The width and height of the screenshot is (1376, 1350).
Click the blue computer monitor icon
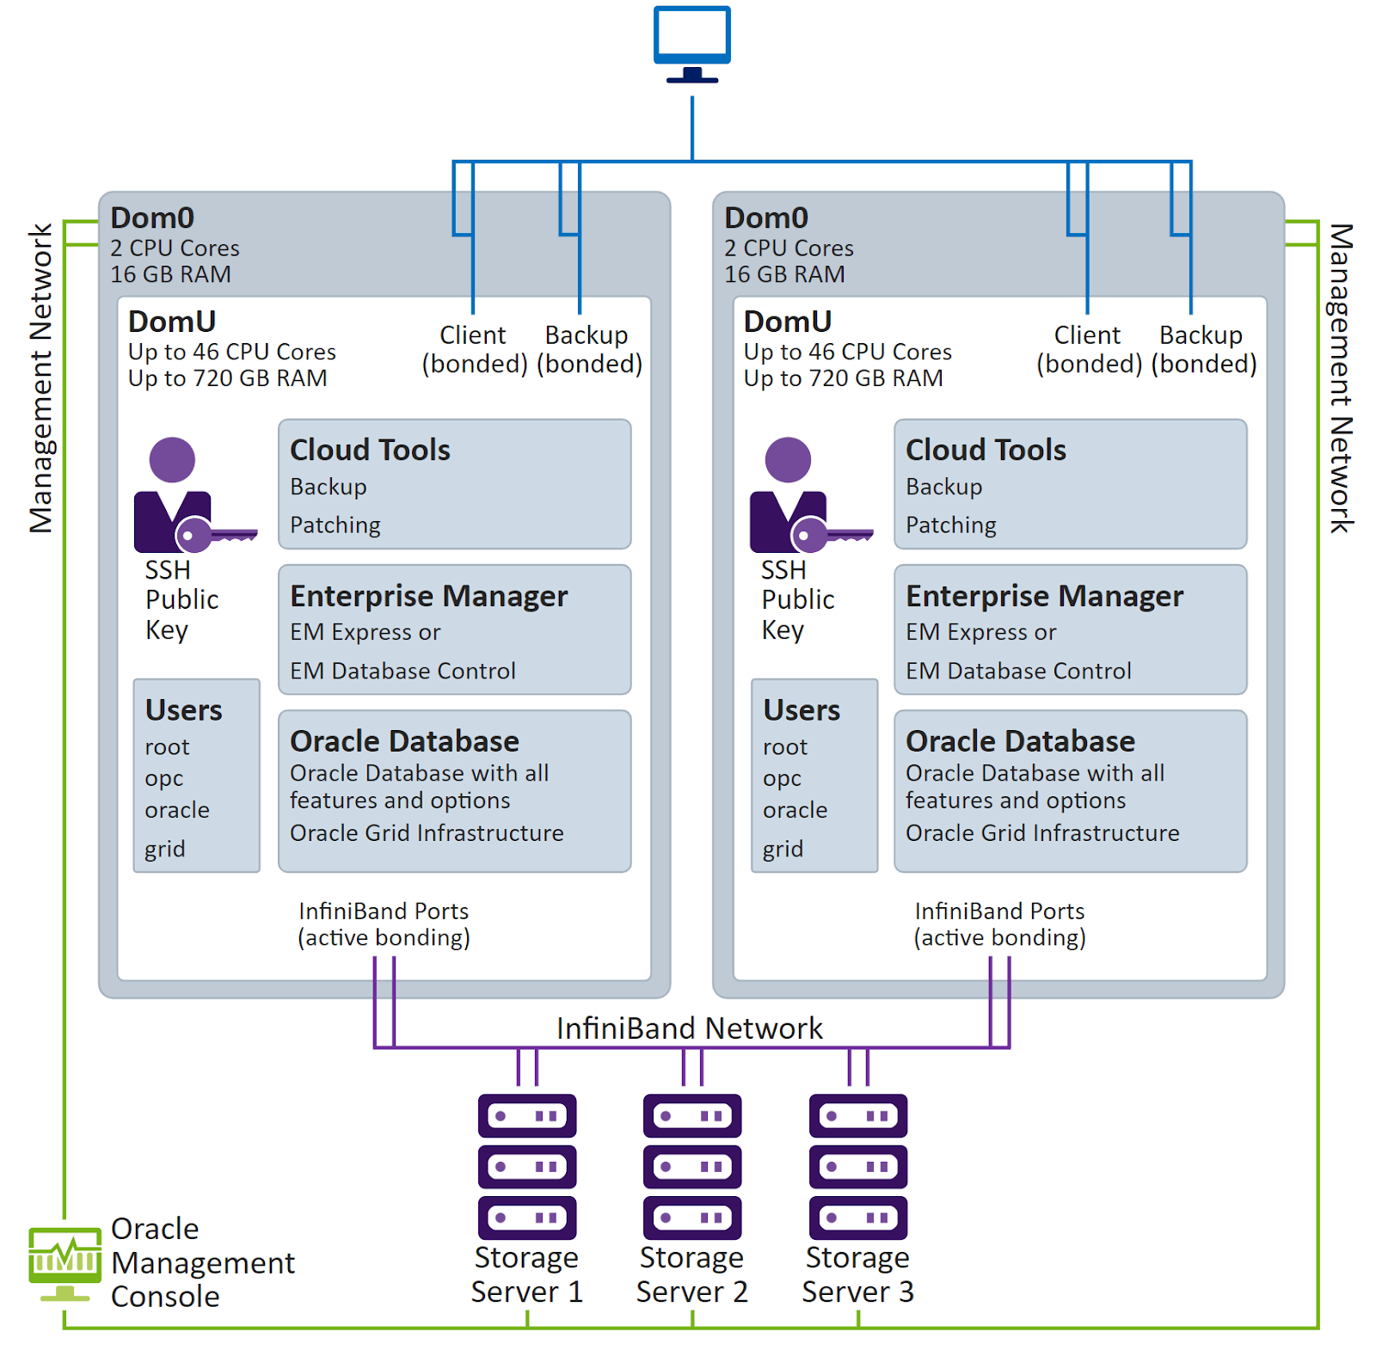tap(691, 38)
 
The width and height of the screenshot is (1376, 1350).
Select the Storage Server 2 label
tap(691, 1274)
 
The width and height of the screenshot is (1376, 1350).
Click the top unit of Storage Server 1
tap(527, 1115)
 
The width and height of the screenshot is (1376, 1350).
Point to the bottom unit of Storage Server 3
tap(857, 1217)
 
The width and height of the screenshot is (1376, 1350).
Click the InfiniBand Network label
tap(689, 1028)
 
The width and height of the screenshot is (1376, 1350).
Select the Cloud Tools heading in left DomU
tap(370, 450)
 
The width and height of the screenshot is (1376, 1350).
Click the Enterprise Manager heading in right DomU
tap(1044, 596)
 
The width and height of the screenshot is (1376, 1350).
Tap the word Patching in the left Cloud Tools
tap(335, 525)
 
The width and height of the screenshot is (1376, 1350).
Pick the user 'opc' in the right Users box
tap(782, 778)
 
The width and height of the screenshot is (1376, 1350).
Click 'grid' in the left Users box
tap(164, 849)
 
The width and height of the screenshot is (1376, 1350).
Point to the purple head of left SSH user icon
tap(172, 459)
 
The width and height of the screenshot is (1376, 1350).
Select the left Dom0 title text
tap(152, 218)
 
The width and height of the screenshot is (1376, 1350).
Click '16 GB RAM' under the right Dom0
tap(784, 274)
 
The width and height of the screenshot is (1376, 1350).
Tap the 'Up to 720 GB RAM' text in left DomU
tap(227, 378)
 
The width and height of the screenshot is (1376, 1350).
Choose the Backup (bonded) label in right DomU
tap(1202, 349)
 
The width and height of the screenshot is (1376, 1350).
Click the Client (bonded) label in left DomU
tap(474, 349)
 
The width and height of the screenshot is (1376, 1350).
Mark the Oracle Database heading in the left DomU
tap(404, 741)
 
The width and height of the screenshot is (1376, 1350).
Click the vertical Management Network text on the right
tap(1340, 378)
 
